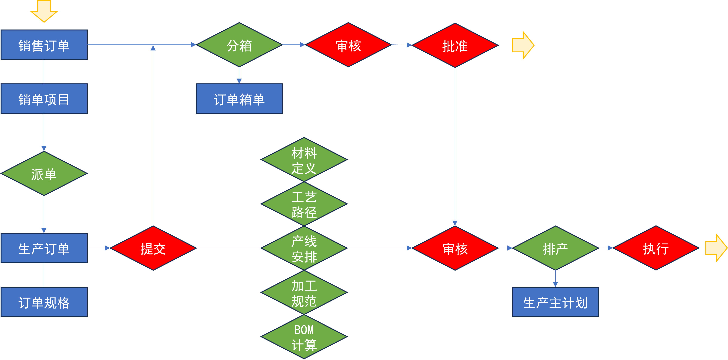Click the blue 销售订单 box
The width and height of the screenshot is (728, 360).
(44, 45)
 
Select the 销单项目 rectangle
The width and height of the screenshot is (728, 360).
(44, 99)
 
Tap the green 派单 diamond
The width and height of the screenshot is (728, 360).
(44, 173)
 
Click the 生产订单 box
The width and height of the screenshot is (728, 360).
(44, 248)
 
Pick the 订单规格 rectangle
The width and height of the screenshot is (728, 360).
(44, 302)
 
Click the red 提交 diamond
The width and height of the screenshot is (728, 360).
(153, 248)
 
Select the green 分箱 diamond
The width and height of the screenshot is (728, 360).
(239, 45)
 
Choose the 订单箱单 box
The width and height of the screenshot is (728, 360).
(239, 99)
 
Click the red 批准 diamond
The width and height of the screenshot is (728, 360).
(455, 45)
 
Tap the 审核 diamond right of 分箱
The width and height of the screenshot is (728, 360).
(348, 45)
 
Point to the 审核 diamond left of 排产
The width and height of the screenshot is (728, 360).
(455, 248)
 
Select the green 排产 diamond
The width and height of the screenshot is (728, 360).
(556, 248)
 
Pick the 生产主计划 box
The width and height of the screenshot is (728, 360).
(556, 302)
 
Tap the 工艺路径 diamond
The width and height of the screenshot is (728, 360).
(304, 204)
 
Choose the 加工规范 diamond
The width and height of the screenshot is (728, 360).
(304, 292)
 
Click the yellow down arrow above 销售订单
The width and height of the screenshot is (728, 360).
(44, 11)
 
